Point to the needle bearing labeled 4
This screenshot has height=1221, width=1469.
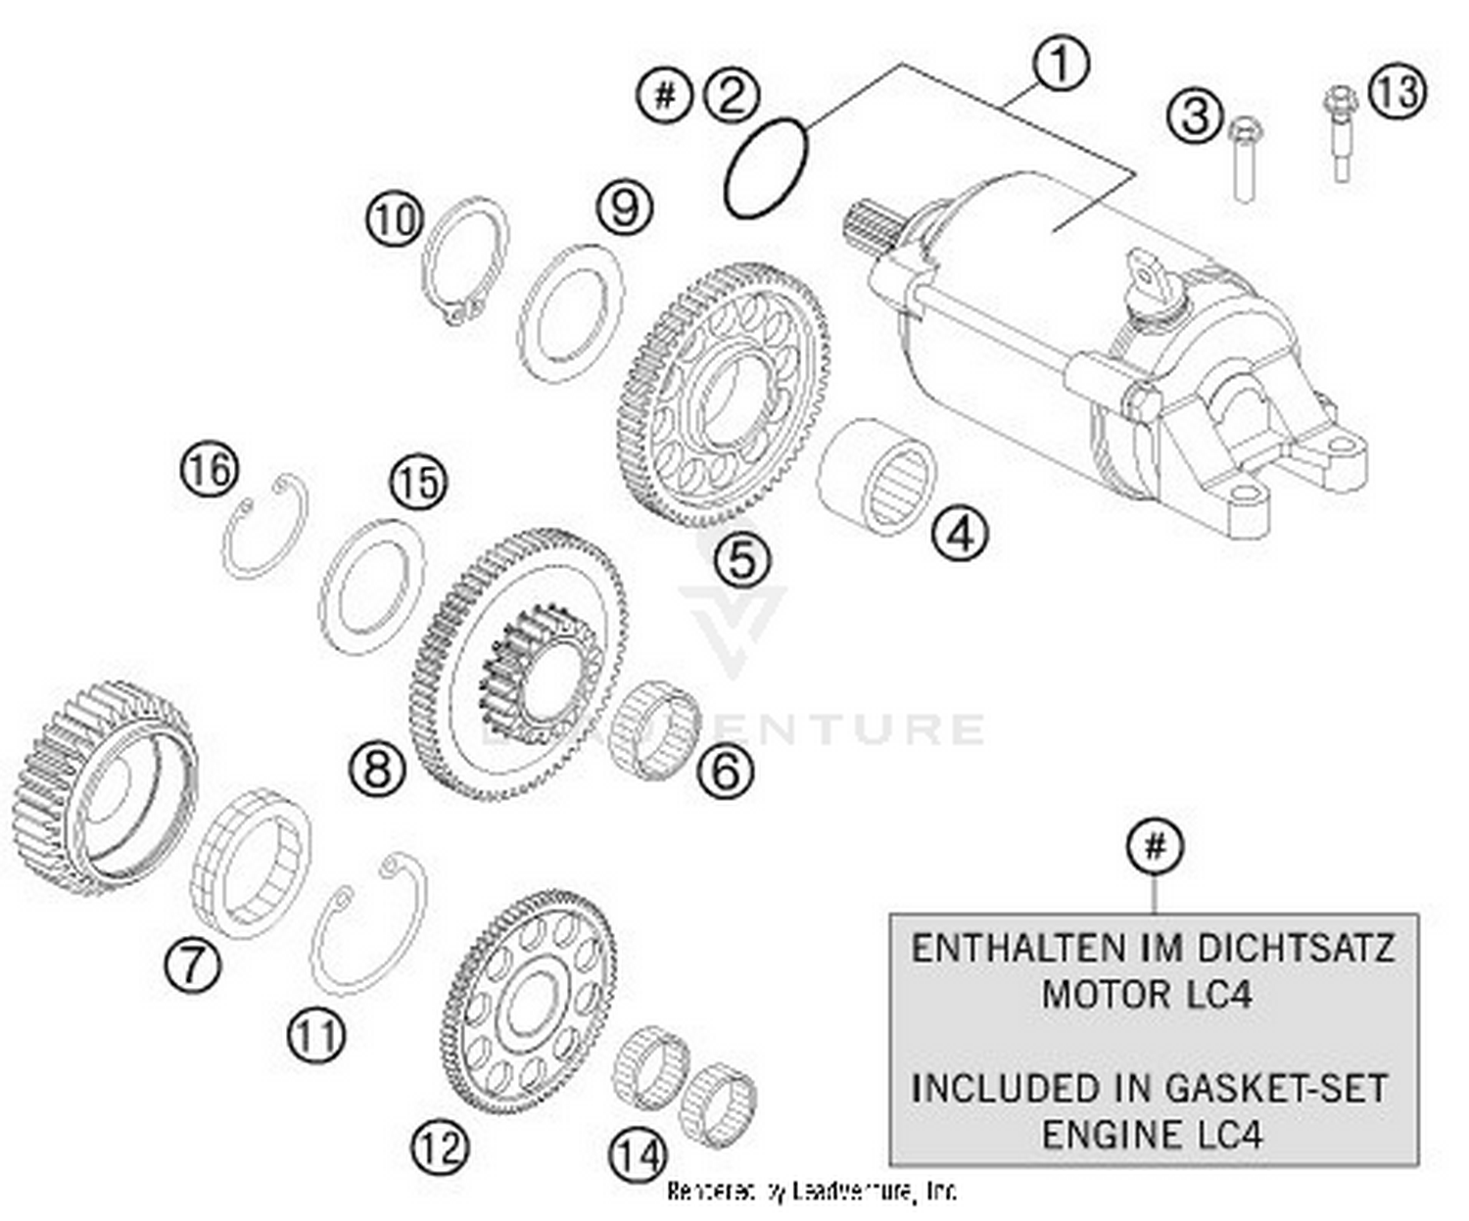[877, 476]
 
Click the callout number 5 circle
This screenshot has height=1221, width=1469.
[741, 560]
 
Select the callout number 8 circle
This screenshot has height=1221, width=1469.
[378, 767]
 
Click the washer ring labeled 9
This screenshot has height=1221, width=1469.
[571, 312]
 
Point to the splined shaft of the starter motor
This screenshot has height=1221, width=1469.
[870, 225]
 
